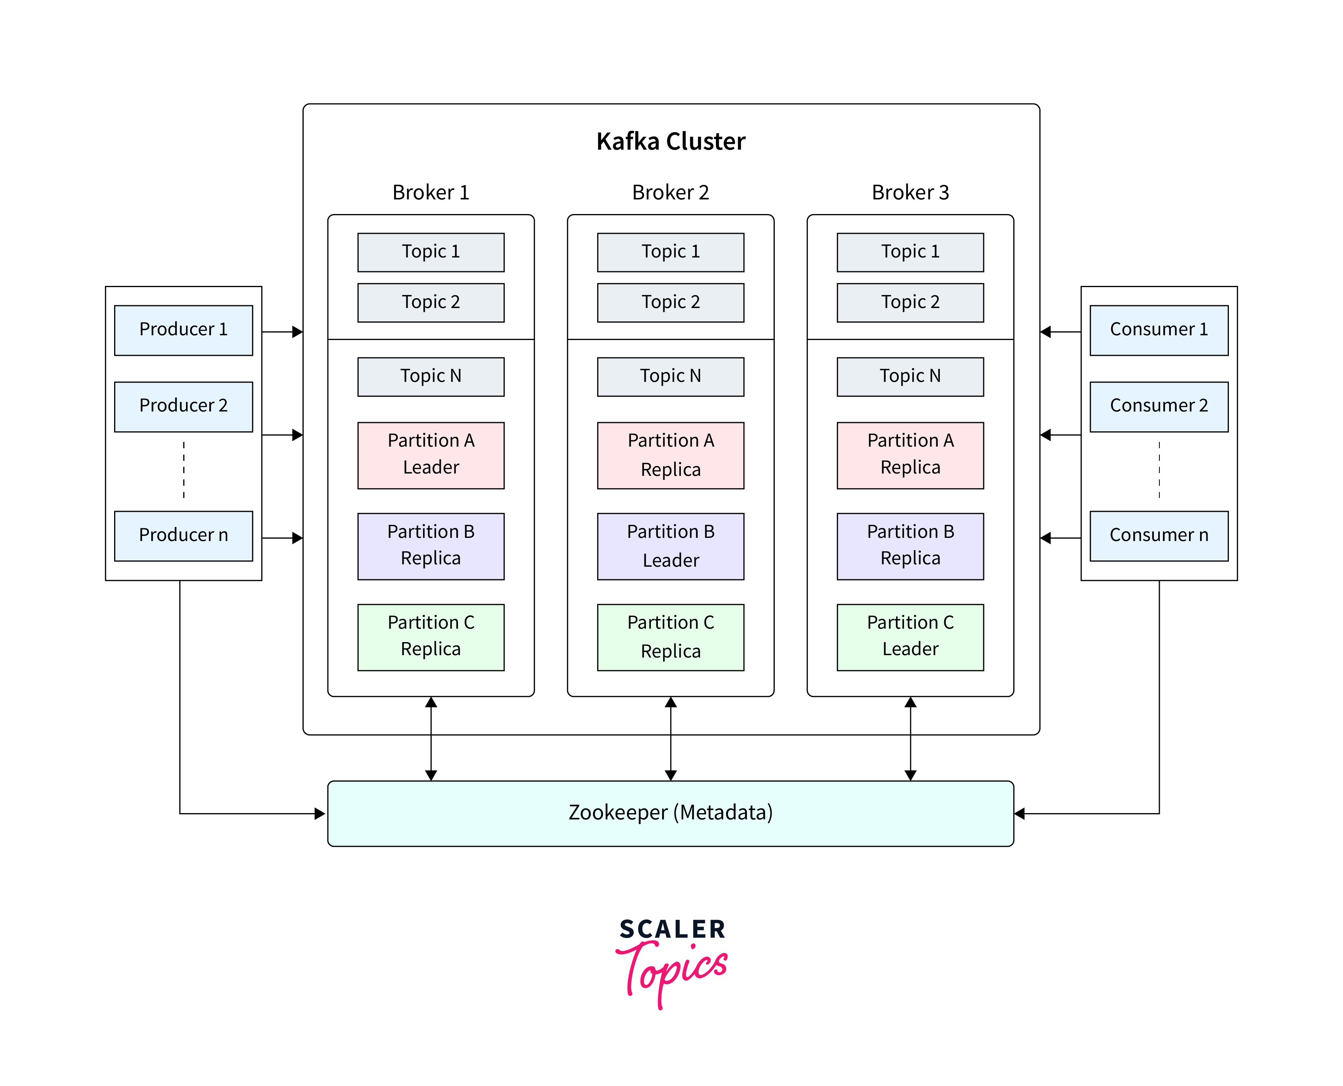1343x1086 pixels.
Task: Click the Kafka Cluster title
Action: click(671, 141)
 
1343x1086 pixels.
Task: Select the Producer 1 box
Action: click(183, 330)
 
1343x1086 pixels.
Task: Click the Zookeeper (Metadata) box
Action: click(671, 813)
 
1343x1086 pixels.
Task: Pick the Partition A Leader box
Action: click(431, 455)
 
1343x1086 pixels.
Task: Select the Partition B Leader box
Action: click(671, 546)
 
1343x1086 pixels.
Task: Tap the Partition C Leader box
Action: click(910, 637)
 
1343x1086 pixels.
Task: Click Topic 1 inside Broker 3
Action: click(910, 252)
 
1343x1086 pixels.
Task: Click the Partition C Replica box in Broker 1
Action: click(431, 637)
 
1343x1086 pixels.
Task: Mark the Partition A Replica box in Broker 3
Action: click(910, 455)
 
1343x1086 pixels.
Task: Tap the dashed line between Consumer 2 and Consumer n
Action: click(1159, 470)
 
